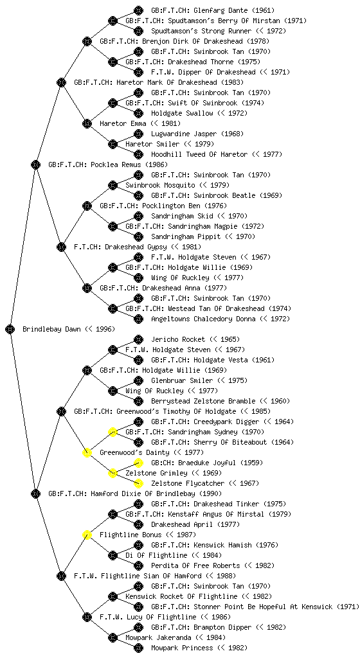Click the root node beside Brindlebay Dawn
(x=10, y=329)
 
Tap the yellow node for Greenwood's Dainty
(x=87, y=452)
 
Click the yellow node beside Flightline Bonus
(x=87, y=535)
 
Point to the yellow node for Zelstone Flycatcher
(x=138, y=483)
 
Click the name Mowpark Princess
(x=182, y=648)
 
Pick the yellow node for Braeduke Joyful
(x=138, y=463)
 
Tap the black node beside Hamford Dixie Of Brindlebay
(x=35, y=493)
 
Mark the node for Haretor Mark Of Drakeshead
(x=61, y=82)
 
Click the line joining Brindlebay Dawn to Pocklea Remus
(x=23, y=247)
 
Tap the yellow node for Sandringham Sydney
(x=113, y=432)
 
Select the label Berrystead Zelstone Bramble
(x=204, y=401)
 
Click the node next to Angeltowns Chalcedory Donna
(x=138, y=319)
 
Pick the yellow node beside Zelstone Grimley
(x=113, y=473)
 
